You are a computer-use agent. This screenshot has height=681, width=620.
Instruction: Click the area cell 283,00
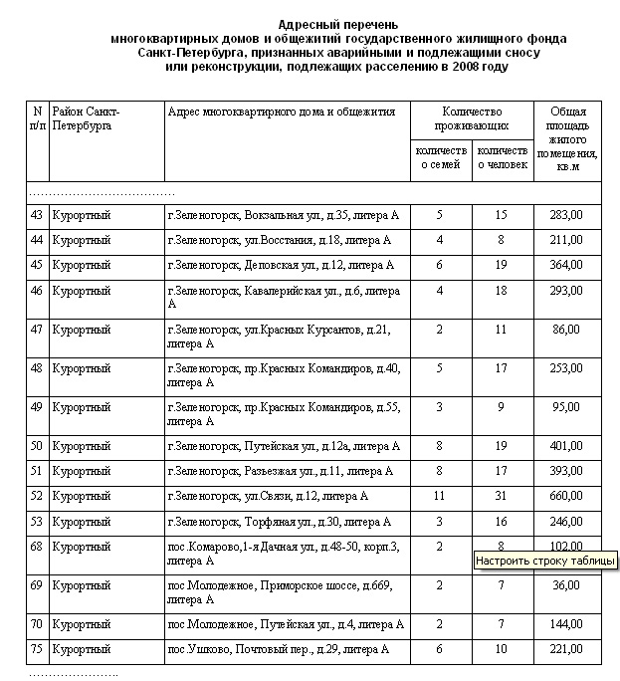pos(566,215)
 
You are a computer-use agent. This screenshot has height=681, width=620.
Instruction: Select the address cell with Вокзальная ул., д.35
pos(283,215)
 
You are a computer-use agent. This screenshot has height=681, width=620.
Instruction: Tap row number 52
pos(37,496)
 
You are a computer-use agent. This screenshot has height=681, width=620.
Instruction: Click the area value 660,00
pos(566,496)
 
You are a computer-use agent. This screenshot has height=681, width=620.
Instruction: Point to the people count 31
pos(501,496)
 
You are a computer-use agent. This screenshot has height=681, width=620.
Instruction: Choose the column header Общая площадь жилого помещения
pos(567,139)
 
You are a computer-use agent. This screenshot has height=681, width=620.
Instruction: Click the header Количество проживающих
pos(473,119)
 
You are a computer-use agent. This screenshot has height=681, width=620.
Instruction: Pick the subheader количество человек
pos(502,157)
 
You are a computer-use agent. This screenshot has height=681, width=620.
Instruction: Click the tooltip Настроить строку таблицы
pos(545,561)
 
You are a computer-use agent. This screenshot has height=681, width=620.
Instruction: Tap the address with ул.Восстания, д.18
pos(280,241)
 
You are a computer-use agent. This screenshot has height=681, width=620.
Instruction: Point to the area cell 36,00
pos(566,586)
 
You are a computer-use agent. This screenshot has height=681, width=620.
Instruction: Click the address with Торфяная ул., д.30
pos(279,522)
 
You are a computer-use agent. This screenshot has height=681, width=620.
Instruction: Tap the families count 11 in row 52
pos(439,496)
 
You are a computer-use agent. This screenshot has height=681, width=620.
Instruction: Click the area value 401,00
pos(566,446)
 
